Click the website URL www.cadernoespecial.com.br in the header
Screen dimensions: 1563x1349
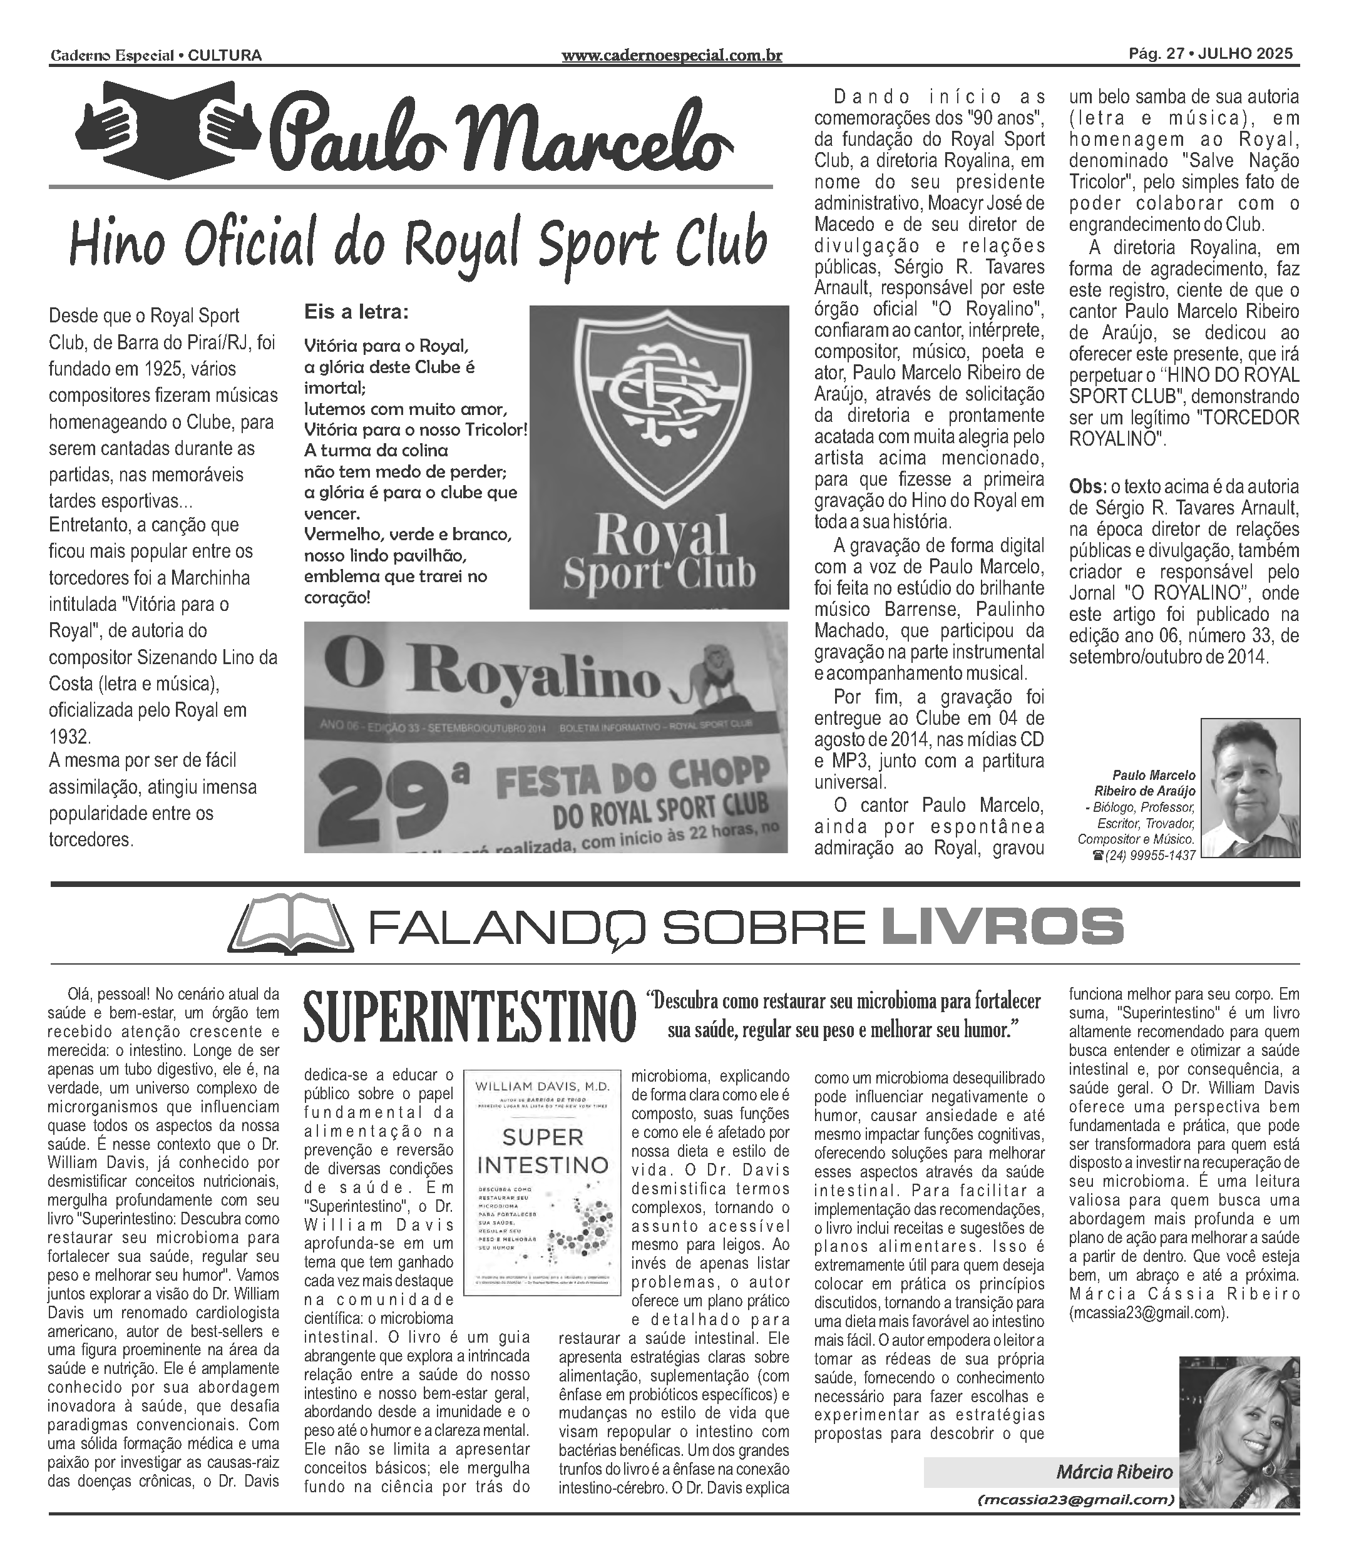672,55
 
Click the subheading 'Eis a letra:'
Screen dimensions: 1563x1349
356,312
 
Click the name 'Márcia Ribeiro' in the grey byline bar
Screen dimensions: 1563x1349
1114,1472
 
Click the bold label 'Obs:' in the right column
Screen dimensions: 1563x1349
1088,486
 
